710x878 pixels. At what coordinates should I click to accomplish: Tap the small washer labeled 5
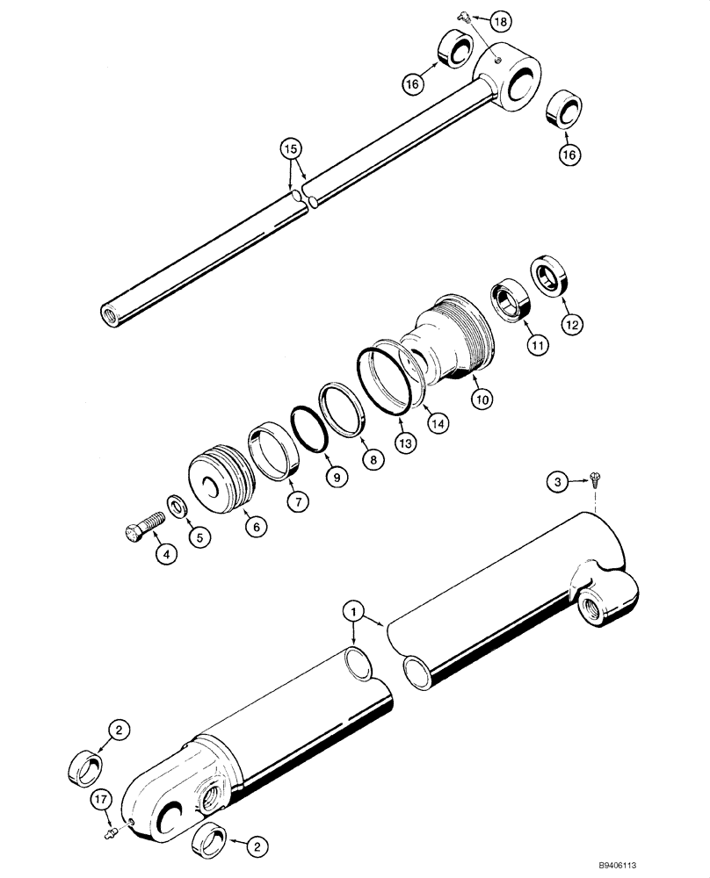176,507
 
